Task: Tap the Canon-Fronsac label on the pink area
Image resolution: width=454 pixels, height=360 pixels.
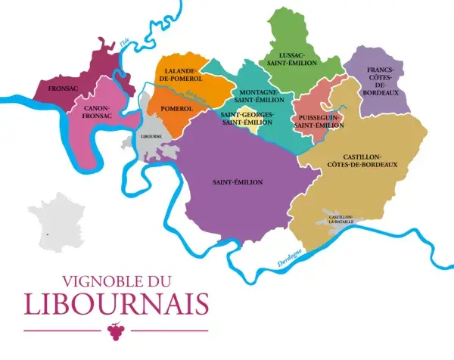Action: coord(96,113)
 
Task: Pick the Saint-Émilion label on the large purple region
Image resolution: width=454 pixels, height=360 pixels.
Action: coord(238,182)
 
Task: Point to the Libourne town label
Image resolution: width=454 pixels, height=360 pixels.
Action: coord(152,137)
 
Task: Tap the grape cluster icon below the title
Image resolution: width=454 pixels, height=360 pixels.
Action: coord(116,331)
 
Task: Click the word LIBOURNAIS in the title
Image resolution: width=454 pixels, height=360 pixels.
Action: coord(116,303)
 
